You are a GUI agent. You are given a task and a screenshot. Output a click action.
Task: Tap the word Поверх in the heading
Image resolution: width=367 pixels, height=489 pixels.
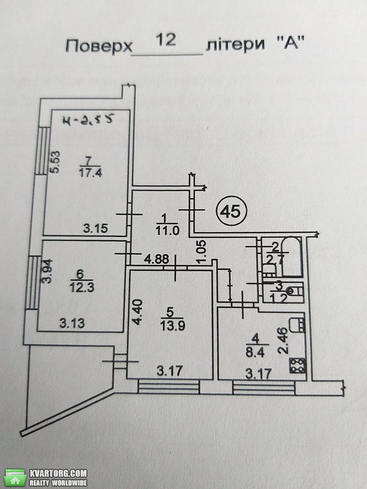tap(99, 46)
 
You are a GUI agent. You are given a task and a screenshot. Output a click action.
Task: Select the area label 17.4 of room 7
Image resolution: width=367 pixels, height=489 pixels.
tap(91, 173)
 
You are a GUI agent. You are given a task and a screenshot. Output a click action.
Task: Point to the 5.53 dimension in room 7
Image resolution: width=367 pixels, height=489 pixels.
tap(56, 162)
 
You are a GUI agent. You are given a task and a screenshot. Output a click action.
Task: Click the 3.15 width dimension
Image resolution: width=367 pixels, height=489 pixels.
tap(96, 228)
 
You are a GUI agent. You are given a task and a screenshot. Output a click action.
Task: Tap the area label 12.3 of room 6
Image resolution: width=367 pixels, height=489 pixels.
tap(82, 287)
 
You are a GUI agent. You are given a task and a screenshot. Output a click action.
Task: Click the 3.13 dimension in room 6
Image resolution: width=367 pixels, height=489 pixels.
tap(72, 323)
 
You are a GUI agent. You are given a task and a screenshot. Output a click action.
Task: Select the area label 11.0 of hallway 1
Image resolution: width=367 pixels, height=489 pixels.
tap(167, 231)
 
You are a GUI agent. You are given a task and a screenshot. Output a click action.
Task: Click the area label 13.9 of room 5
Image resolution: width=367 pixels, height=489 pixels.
tap(173, 326)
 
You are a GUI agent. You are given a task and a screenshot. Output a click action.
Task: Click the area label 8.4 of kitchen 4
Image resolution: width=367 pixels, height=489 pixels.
tap(255, 353)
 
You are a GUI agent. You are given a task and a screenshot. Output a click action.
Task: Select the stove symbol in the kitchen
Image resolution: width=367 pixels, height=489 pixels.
tap(298, 365)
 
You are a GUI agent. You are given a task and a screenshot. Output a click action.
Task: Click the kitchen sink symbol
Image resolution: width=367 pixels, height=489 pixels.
tap(297, 326)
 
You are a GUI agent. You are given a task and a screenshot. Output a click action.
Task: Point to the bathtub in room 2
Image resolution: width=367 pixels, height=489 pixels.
tap(292, 257)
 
